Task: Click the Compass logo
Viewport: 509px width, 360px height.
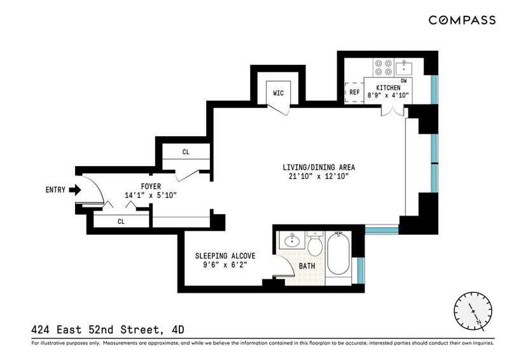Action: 462,20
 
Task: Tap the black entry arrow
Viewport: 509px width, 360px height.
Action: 75,190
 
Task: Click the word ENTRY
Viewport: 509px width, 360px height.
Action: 55,190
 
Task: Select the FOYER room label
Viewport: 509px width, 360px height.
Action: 151,186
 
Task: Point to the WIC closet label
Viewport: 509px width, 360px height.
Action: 278,93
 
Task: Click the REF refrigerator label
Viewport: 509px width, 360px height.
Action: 354,92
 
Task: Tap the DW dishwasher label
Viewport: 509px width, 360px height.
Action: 404,81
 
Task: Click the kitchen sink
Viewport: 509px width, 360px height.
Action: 404,67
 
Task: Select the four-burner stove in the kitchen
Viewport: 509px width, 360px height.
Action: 384,67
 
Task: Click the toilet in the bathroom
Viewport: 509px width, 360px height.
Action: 314,243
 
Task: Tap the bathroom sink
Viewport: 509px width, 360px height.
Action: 291,240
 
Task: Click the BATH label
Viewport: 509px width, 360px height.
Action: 307,267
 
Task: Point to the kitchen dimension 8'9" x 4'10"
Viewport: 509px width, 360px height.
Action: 388,95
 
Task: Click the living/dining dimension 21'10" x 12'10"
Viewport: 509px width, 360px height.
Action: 319,176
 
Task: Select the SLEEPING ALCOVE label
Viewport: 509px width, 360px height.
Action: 225,256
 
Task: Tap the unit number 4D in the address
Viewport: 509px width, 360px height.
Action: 178,330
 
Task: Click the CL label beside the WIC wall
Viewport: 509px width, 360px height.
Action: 186,152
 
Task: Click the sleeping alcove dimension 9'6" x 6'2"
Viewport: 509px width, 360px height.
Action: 225,265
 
